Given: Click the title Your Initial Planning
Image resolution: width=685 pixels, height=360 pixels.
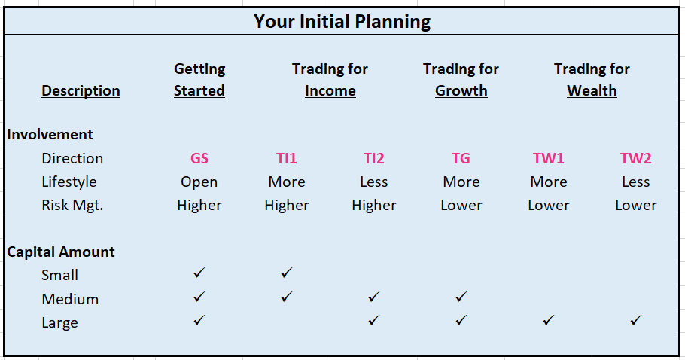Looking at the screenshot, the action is pyautogui.click(x=342, y=21).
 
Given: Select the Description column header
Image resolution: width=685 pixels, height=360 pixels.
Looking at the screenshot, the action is pyautogui.click(x=81, y=90).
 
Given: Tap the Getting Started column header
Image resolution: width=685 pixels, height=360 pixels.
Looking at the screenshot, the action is pyautogui.click(x=199, y=80).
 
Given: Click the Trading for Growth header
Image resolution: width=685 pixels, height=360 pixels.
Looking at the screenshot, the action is pyautogui.click(x=461, y=80).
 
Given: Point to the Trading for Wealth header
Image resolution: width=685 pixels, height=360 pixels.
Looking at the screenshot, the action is pyautogui.click(x=592, y=80).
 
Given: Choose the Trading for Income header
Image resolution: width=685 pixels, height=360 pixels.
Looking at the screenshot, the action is pyautogui.click(x=330, y=80).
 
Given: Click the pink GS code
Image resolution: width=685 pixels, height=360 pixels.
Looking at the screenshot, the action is pyautogui.click(x=199, y=157).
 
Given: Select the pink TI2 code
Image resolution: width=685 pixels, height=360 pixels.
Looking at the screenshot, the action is pyautogui.click(x=373, y=157).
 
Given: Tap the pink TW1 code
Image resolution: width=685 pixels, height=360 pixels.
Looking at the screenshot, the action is pyautogui.click(x=548, y=157).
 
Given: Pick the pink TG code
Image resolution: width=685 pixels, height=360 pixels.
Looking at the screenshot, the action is pyautogui.click(x=461, y=157).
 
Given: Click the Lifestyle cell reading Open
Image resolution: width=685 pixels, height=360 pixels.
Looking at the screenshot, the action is pyautogui.click(x=199, y=182).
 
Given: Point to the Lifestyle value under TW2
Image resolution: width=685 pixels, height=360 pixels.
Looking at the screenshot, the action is pyautogui.click(x=635, y=182).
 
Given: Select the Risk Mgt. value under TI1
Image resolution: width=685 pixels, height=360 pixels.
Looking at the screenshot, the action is pyautogui.click(x=287, y=206).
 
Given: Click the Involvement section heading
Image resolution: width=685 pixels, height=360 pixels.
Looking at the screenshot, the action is pyautogui.click(x=50, y=134).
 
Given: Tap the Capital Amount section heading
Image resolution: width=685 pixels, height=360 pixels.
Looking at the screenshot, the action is pyautogui.click(x=61, y=252).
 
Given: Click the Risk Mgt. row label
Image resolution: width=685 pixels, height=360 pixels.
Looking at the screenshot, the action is pyautogui.click(x=72, y=206).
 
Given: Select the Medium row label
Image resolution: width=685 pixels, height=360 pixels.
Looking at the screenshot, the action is pyautogui.click(x=70, y=299).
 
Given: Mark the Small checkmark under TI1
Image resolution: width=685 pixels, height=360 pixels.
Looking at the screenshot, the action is pyautogui.click(x=286, y=273).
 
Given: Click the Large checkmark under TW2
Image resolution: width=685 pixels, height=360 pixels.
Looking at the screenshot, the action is pyautogui.click(x=635, y=320).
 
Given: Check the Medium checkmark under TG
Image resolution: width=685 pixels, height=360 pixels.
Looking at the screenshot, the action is pyautogui.click(x=461, y=297).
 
